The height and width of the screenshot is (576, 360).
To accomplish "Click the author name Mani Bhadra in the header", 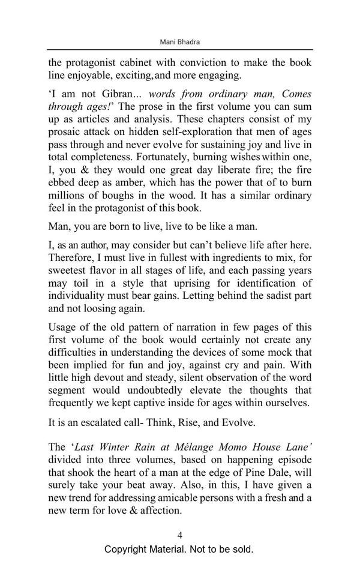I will [x=180, y=42].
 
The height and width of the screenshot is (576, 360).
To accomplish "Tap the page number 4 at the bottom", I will [x=180, y=536].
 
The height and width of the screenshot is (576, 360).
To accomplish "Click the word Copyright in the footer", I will [x=129, y=550].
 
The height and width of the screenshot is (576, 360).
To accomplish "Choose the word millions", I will [x=67, y=196].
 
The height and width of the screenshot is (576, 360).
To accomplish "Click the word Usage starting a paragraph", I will [x=64, y=327].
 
